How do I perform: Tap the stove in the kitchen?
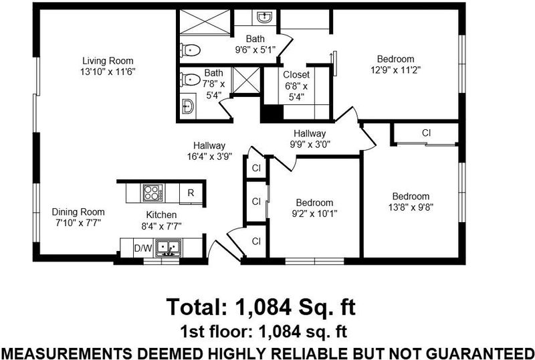(152, 192)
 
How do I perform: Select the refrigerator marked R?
(191, 193)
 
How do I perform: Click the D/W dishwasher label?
(143, 248)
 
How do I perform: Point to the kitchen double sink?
(169, 248)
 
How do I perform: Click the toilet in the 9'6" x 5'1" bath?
(190, 51)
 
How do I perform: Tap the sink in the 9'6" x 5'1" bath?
(264, 17)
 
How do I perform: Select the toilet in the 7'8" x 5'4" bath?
(190, 80)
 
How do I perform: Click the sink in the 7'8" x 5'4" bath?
(188, 106)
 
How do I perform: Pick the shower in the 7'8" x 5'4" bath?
(246, 80)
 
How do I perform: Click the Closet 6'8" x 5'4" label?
(296, 86)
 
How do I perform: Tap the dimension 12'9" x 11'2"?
(395, 70)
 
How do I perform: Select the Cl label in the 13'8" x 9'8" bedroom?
(426, 133)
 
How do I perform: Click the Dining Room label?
(78, 212)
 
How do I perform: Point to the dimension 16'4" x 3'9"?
(209, 157)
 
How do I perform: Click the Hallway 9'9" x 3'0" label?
(310, 139)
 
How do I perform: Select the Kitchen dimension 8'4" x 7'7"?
(161, 226)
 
